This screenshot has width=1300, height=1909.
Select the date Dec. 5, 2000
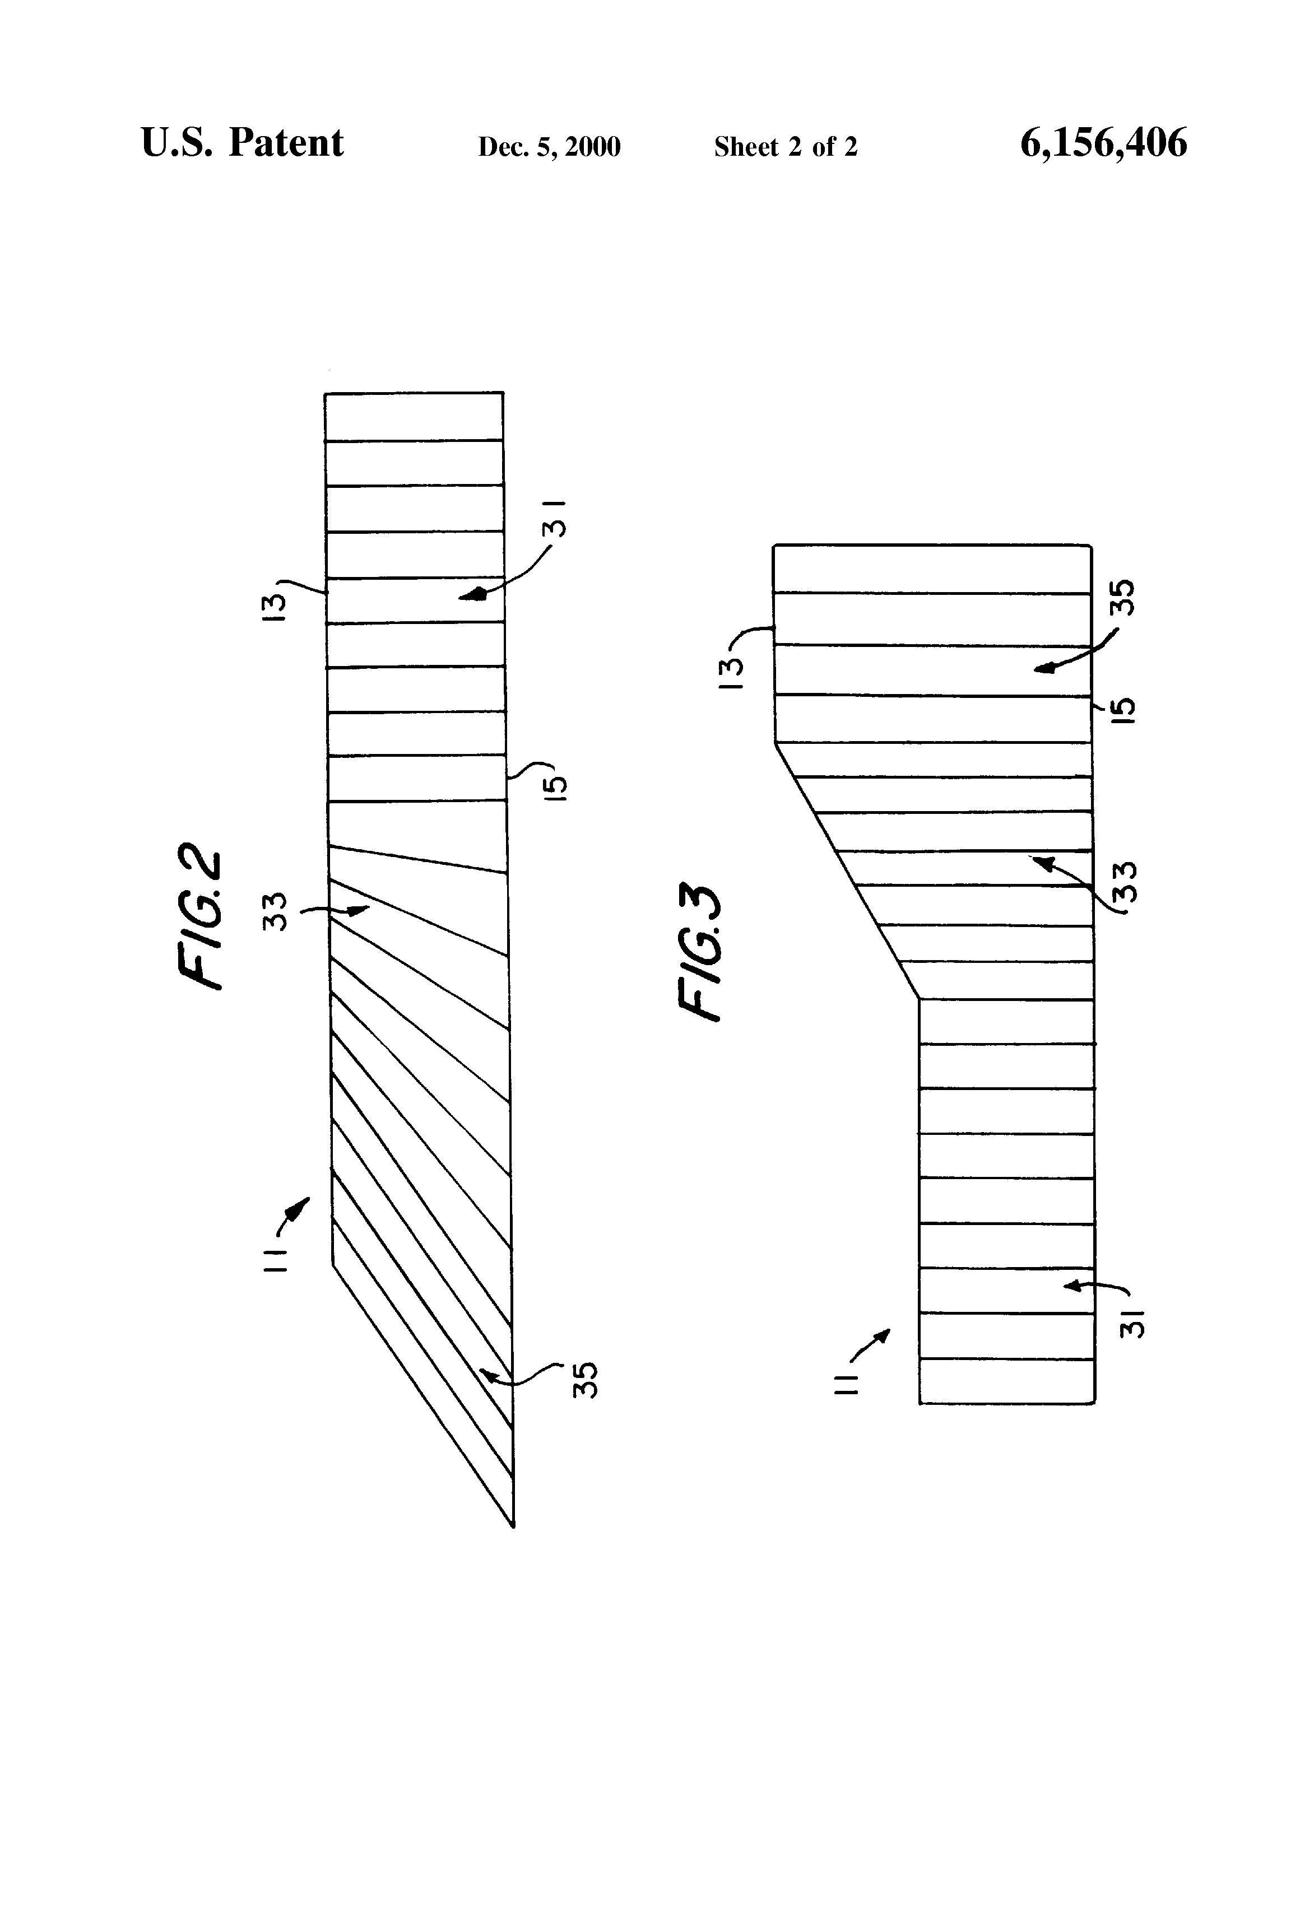pos(549,147)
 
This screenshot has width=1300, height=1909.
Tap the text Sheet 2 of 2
pos(785,147)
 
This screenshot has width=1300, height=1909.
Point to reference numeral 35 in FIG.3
pos(1122,597)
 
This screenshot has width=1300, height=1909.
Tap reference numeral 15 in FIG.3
pos(1124,709)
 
